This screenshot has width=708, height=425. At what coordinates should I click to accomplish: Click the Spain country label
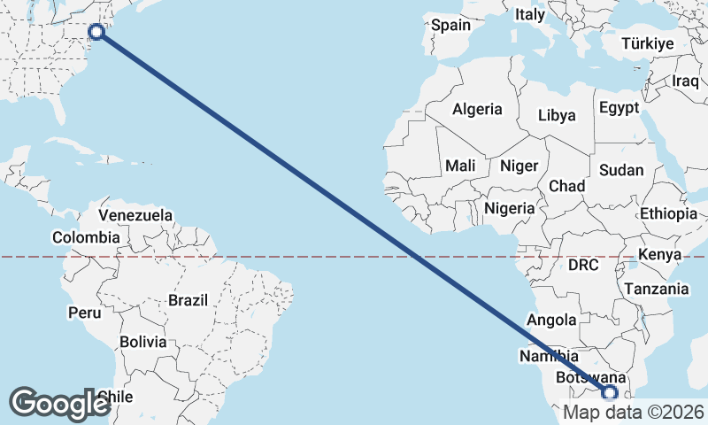point(450,25)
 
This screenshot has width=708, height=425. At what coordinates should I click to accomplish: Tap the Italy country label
point(530,14)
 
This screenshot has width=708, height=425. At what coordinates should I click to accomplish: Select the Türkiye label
point(647,43)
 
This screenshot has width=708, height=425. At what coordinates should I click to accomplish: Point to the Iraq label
point(686,81)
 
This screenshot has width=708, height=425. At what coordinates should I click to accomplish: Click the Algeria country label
point(477,110)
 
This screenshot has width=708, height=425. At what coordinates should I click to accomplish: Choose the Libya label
point(557,115)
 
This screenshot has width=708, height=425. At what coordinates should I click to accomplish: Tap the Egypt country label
point(619,108)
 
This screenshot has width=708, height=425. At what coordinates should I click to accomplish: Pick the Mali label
point(460,166)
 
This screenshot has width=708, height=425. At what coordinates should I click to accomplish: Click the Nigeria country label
point(510,208)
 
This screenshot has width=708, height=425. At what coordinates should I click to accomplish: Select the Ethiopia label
point(668,213)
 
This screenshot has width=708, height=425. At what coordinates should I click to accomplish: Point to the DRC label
point(583,265)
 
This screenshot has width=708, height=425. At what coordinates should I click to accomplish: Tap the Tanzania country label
point(656,289)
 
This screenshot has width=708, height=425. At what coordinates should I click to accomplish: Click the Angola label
point(551,321)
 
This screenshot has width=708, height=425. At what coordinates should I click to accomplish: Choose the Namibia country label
point(550,356)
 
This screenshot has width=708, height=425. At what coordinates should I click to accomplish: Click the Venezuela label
point(135,215)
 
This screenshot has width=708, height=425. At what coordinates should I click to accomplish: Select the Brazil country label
point(188,300)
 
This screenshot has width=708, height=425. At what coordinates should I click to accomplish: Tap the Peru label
point(85,313)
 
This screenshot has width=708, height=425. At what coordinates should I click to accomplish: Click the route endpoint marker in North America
point(96,32)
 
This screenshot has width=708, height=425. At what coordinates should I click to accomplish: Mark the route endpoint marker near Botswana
point(610,393)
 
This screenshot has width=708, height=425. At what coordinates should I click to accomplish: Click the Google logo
point(59,404)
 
